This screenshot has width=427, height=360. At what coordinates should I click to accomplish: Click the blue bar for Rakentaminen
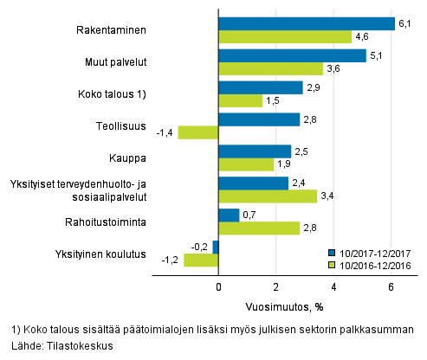(307, 24)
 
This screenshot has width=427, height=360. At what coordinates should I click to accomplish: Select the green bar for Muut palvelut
(270, 69)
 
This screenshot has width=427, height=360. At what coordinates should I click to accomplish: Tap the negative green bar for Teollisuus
(198, 132)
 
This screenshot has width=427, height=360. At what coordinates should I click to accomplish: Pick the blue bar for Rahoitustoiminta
(229, 215)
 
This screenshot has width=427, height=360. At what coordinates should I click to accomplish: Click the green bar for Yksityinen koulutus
(201, 260)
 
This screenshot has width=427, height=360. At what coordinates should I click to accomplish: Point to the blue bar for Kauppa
(254, 151)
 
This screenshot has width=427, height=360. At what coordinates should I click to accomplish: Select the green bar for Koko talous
(240, 100)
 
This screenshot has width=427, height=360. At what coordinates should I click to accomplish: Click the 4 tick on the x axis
(333, 287)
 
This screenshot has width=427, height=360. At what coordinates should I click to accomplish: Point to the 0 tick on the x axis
(218, 287)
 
